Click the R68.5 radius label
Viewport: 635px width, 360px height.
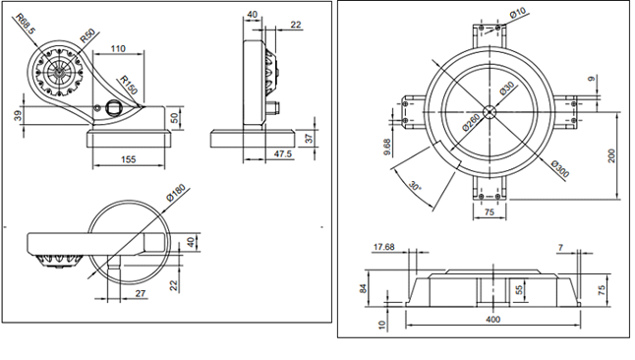click(x=27, y=24)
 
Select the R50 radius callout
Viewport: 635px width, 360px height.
click(x=87, y=35)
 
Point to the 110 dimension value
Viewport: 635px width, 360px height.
click(x=118, y=48)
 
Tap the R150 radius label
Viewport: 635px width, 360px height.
click(x=129, y=86)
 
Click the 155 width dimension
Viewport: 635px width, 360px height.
click(x=129, y=159)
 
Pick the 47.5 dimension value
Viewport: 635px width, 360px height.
click(x=283, y=154)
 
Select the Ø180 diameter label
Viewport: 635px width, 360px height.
click(x=176, y=193)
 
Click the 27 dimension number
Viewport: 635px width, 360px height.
click(x=141, y=293)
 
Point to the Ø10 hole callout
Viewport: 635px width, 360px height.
click(x=518, y=13)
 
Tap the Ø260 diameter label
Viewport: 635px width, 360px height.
click(x=471, y=122)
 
